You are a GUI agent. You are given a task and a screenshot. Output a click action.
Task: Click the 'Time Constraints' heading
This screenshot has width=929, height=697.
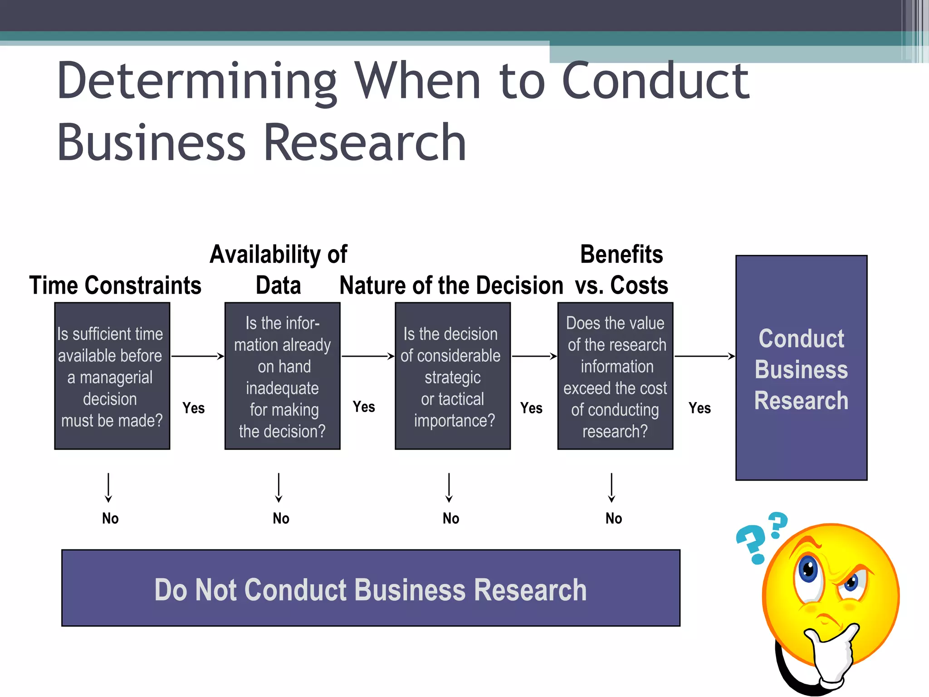tap(115, 286)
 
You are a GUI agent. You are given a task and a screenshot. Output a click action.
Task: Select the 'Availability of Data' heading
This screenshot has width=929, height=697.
tap(278, 270)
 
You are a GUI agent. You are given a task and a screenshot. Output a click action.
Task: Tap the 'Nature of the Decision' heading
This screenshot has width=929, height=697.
tap(451, 286)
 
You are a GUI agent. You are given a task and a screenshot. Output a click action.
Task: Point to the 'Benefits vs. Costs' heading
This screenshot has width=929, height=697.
tap(621, 270)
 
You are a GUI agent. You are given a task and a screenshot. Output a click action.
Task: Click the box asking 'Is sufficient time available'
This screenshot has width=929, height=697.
tap(112, 376)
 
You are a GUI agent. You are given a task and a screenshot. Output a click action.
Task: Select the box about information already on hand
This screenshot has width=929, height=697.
tap(282, 376)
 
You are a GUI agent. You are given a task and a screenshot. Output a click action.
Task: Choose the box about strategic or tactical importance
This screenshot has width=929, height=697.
tap(452, 376)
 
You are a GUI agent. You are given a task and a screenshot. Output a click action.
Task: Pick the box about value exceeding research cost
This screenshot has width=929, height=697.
tap(615, 376)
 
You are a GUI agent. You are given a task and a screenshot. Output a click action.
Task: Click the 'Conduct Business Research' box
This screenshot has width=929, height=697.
tap(801, 368)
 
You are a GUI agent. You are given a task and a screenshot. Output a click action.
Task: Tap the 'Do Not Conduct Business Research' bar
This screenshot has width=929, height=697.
tap(371, 588)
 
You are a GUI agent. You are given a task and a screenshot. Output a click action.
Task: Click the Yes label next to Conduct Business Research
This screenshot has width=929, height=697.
tap(699, 408)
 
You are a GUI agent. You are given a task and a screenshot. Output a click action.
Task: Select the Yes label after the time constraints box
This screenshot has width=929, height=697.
tap(193, 408)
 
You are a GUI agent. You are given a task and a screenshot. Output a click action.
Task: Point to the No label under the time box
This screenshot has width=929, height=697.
tap(110, 518)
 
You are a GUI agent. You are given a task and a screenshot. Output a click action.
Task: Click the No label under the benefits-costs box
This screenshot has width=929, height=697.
tap(613, 518)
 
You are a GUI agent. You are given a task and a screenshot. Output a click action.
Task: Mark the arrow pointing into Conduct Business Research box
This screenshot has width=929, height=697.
tap(705, 356)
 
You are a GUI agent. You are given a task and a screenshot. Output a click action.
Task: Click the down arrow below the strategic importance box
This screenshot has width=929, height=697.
tap(449, 488)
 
